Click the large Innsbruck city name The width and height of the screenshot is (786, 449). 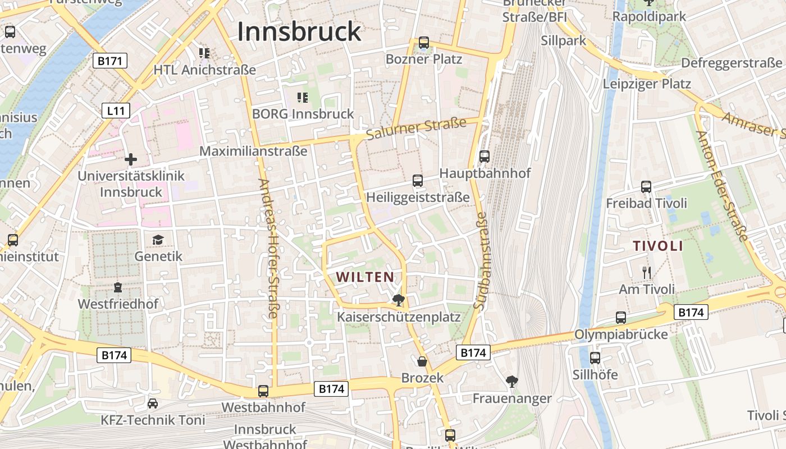(299, 32)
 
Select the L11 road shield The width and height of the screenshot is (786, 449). (116, 111)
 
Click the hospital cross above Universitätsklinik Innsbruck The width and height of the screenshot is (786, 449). (131, 159)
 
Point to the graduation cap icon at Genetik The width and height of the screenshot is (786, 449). (158, 240)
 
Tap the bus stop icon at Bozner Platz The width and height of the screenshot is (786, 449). (424, 43)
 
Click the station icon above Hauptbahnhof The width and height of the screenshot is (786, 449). (485, 157)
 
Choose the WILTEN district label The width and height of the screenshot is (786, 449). (365, 277)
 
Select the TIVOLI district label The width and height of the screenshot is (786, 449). (658, 246)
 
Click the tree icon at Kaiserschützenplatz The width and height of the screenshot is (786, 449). (399, 300)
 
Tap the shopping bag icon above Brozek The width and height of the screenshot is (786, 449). (422, 361)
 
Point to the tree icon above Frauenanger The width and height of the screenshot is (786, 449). (511, 382)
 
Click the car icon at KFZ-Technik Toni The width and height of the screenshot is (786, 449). (153, 403)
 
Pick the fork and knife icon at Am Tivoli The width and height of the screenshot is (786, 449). (646, 273)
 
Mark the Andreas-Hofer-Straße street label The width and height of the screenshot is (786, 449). (268, 248)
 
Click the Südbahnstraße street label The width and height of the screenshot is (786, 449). (481, 261)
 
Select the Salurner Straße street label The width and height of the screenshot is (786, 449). (416, 129)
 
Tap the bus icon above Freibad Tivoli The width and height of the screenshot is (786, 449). (646, 187)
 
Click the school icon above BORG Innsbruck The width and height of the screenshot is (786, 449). (303, 98)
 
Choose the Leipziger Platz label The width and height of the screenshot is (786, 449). (647, 84)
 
